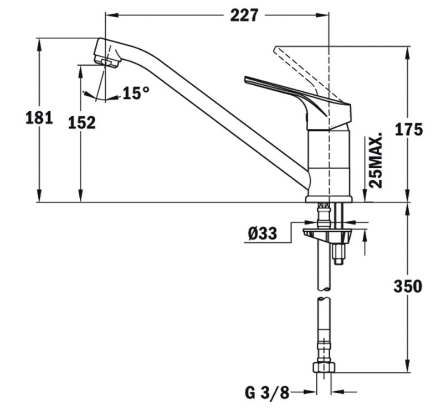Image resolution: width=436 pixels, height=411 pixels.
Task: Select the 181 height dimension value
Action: [x=39, y=117]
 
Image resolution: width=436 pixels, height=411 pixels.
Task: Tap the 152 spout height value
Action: [x=81, y=123]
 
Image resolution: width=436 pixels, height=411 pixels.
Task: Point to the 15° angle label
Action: [x=136, y=93]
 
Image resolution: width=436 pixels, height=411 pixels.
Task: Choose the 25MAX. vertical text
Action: [x=377, y=160]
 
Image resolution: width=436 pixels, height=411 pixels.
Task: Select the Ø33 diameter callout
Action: [x=262, y=234]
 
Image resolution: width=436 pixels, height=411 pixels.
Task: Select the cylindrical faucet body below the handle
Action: [x=329, y=160]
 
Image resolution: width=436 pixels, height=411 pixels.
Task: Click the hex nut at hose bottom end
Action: [x=324, y=367]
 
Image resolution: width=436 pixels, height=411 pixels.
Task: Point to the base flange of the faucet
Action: [x=329, y=198]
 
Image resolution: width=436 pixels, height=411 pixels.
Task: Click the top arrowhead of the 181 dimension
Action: [x=39, y=42]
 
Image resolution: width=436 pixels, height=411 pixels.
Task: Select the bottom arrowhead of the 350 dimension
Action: [x=408, y=368]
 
